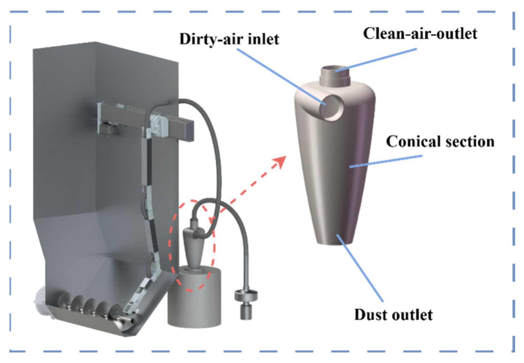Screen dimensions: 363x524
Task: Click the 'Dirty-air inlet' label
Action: tap(229, 39)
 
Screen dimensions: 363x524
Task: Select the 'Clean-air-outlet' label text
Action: tap(420, 34)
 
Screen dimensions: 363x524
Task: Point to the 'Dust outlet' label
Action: tap(393, 315)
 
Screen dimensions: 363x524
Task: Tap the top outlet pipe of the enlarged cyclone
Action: tap(336, 75)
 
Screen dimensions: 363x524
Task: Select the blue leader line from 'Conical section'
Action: tap(386, 161)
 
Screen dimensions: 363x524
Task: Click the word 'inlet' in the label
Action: tap(264, 39)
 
